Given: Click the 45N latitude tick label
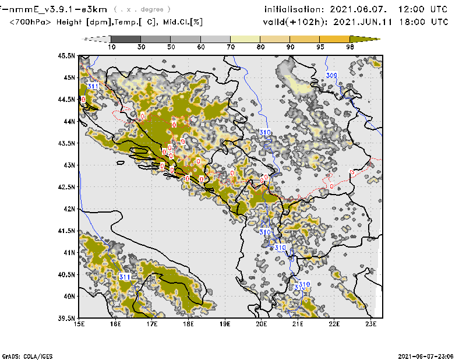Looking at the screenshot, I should click(x=70, y=77).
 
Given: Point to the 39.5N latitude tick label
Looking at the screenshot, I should click(x=68, y=317).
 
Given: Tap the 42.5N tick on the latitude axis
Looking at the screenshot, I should click(x=68, y=187).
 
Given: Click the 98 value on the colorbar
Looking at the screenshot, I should click(x=349, y=47).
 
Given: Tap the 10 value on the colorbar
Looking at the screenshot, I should click(x=111, y=47).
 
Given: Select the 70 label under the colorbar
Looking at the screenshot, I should click(x=231, y=47).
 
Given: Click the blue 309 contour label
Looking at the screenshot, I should click(x=331, y=76).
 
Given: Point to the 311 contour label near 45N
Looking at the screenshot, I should click(x=93, y=87).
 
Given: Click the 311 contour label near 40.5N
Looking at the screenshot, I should click(x=125, y=277).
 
